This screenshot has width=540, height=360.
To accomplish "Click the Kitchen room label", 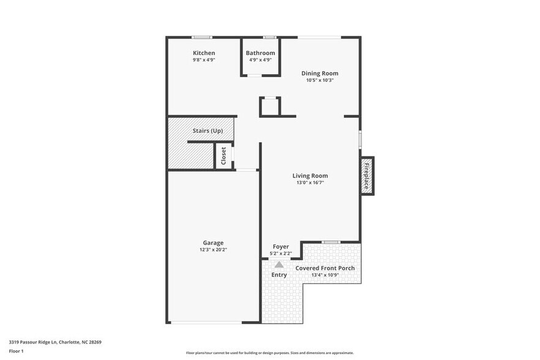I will tap(204, 53).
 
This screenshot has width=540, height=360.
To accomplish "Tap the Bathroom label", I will tap(260, 53).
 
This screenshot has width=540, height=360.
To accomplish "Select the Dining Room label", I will tap(320, 73).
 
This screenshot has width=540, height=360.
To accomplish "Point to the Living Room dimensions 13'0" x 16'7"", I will tap(310, 182).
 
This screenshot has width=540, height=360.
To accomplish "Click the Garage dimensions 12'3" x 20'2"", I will tap(213, 250).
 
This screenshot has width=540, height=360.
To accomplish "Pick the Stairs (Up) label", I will tap(208, 131).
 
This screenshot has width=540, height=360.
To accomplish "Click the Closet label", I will tap(223, 156).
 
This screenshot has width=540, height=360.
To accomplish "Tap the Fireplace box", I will tap(367, 176).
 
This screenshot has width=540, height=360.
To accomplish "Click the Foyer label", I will tap(280, 247).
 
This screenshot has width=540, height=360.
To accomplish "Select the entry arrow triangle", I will tap(279, 264).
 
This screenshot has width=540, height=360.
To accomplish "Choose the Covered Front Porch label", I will tap(325, 268).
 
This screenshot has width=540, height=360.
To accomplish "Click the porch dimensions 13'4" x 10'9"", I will tap(325, 275).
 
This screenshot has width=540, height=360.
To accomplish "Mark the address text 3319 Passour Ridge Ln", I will tap(55, 342).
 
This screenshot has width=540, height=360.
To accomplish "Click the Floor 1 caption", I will tap(17, 352).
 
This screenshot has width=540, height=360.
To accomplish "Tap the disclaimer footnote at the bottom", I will tap(269, 353).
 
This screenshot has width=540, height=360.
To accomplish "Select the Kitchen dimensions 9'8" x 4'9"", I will tap(204, 60).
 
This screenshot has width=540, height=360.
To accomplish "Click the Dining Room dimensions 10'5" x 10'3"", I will tap(320, 80).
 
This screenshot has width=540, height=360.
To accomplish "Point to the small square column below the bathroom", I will tap(269, 107).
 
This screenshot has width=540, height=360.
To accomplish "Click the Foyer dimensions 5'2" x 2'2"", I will tap(280, 253).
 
